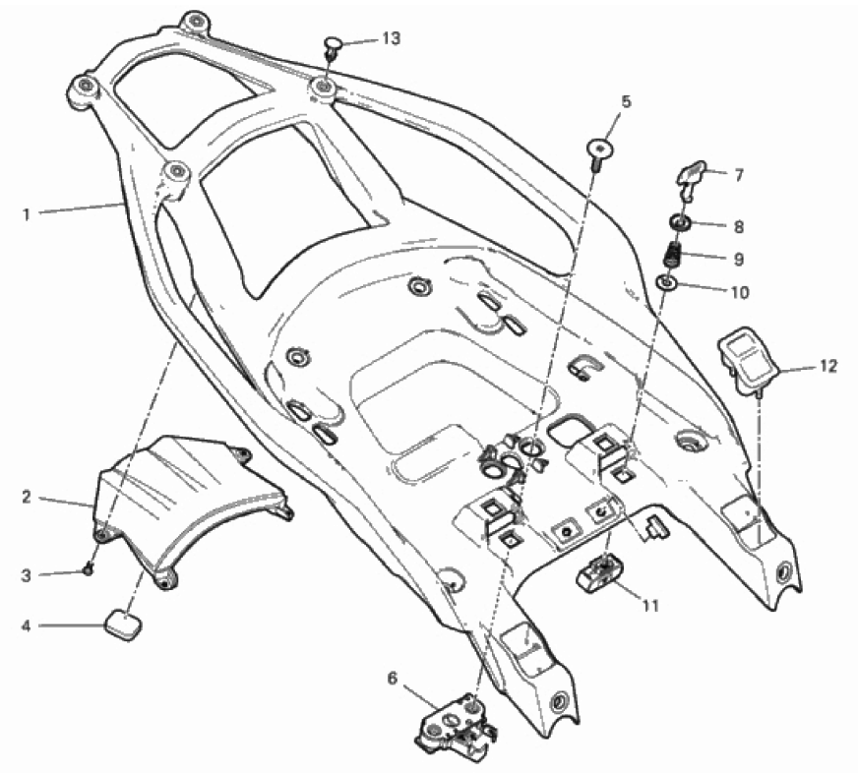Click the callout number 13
point(392,38)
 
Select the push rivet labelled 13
point(333,47)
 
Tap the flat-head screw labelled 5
point(599,151)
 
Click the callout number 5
point(626,101)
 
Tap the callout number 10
point(739,293)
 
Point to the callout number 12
point(828,366)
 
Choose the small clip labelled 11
point(598,572)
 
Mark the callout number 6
point(393,679)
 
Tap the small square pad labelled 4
point(124,625)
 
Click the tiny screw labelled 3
point(88,570)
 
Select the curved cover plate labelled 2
point(193,502)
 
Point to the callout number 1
point(27,214)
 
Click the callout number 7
point(739,176)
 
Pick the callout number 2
point(27,498)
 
